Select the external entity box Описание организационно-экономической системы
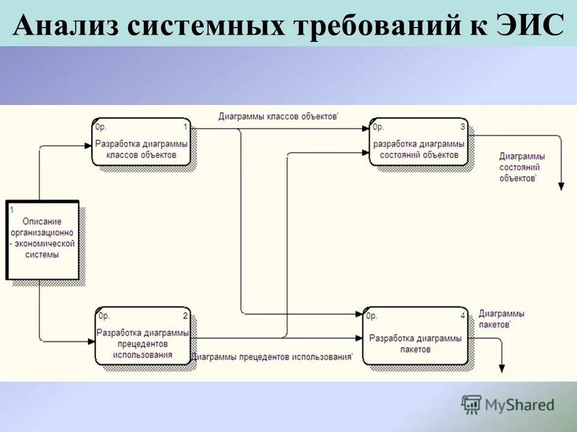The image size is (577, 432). click(x=43, y=239)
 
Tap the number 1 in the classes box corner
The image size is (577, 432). click(x=185, y=127)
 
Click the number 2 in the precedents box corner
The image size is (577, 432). click(x=185, y=316)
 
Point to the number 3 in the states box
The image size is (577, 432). click(x=462, y=127)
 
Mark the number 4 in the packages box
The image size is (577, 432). click(x=462, y=316)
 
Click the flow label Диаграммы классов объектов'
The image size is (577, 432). click(x=278, y=117)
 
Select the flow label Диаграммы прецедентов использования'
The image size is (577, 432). click(x=273, y=357)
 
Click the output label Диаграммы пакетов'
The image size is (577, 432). click(x=501, y=319)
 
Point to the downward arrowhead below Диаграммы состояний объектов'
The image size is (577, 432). click(x=561, y=187)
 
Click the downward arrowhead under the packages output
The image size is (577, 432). click(x=502, y=369)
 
